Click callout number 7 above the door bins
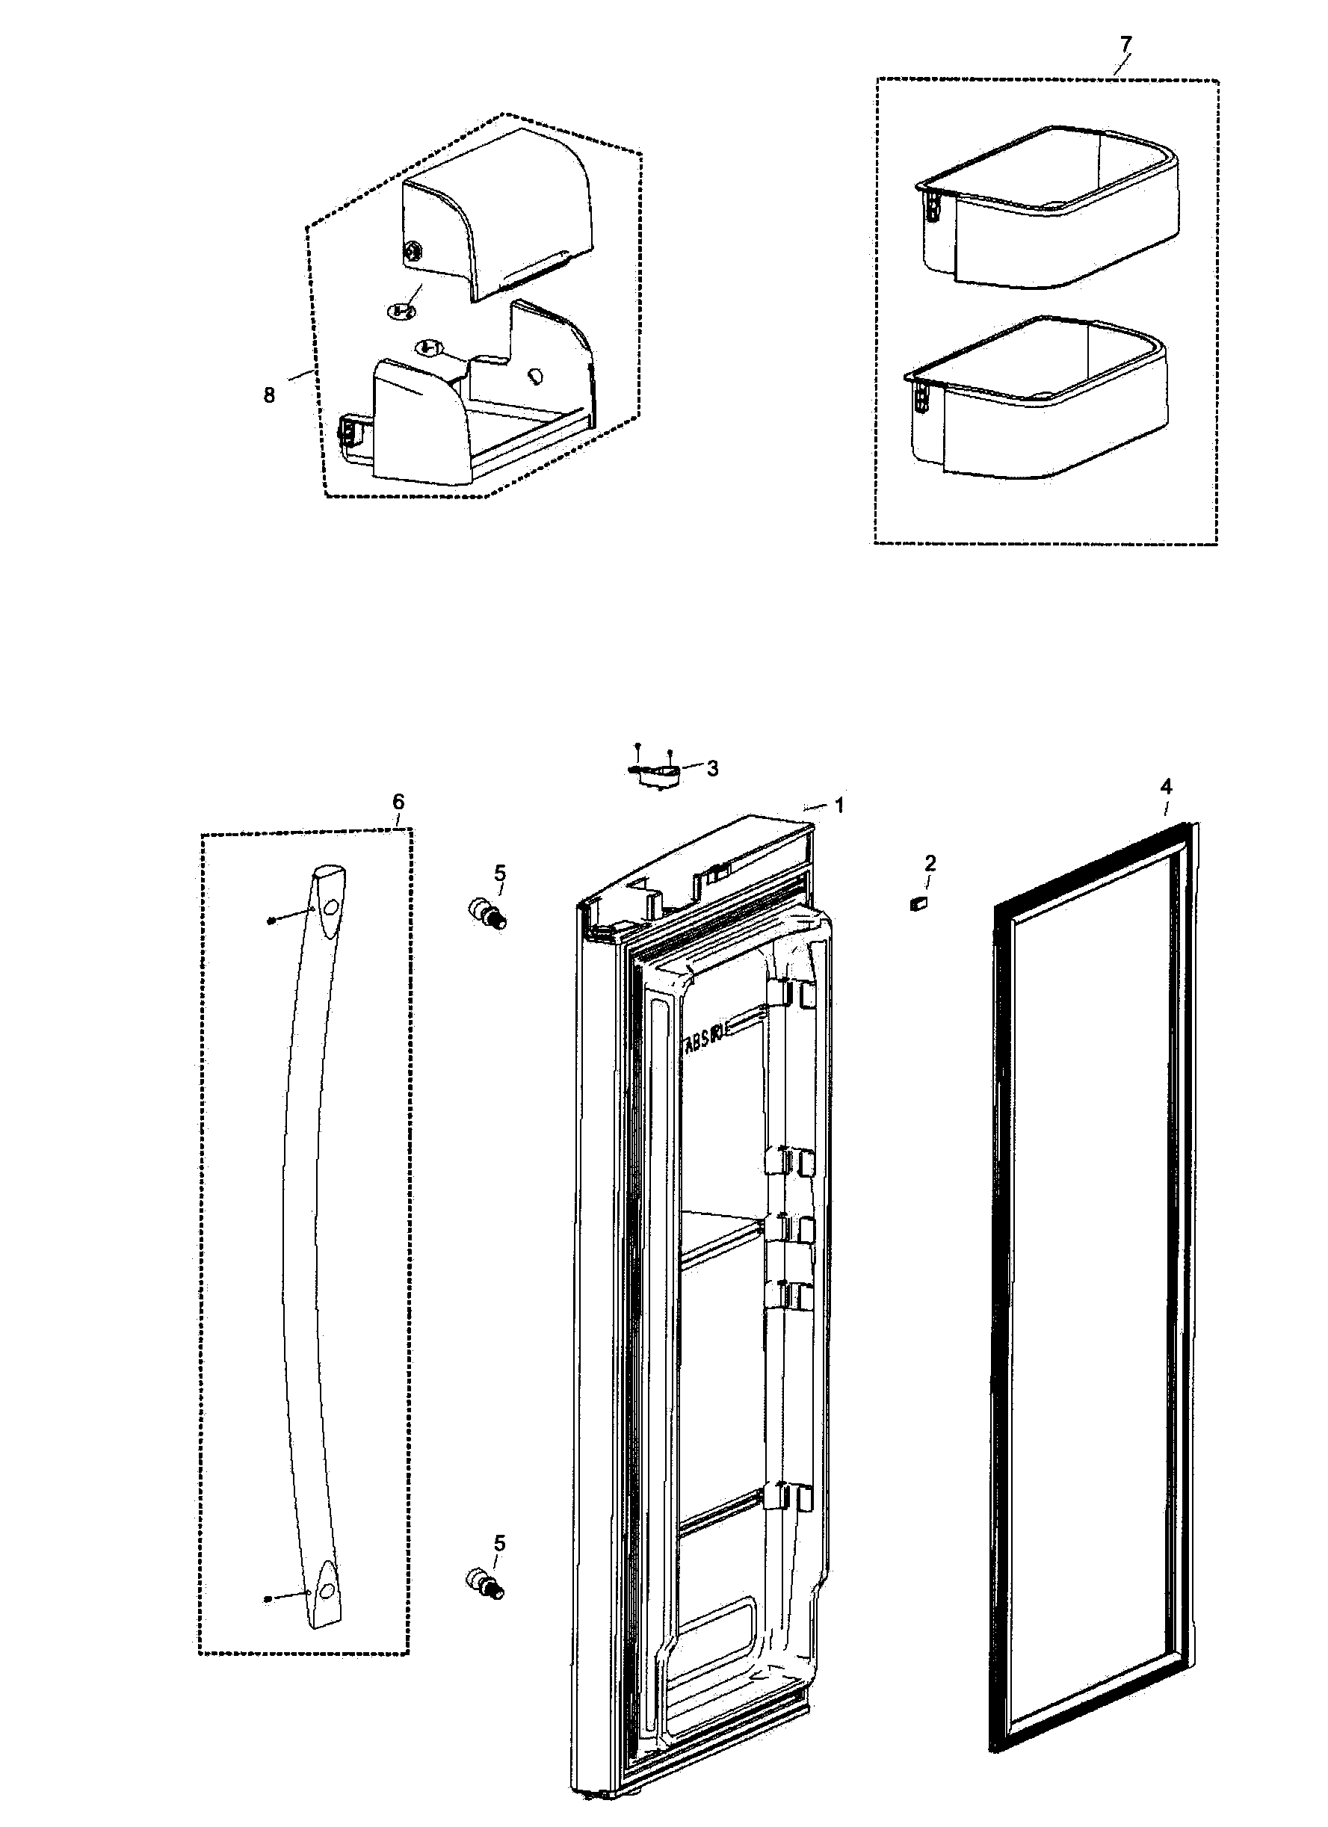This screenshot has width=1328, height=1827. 1125,43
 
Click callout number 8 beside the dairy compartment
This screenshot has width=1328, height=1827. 269,395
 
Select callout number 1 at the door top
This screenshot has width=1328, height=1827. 839,805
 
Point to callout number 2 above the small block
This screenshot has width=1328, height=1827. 930,864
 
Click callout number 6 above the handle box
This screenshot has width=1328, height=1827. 398,802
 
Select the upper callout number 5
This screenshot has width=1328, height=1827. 500,873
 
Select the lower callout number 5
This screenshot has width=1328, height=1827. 500,1544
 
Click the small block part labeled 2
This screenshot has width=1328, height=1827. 918,905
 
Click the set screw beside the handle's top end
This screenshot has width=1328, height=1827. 271,920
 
